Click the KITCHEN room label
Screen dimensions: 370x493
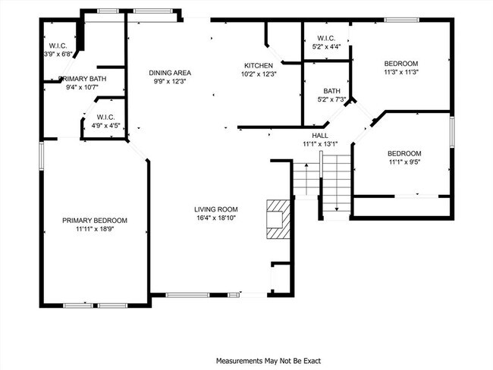[x=259, y=65]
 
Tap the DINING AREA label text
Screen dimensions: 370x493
[x=169, y=73]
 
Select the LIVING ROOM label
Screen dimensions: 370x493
[x=216, y=209]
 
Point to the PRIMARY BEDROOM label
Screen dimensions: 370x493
[x=95, y=221]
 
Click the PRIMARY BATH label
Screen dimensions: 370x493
[x=82, y=79]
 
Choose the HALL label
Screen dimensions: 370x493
[x=319, y=135]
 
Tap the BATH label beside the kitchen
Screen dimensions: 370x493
[x=331, y=90]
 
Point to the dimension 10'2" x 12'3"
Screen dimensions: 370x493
[x=259, y=74]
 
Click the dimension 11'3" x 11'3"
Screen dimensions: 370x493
[x=401, y=72]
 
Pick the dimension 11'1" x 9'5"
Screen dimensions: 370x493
[x=404, y=161]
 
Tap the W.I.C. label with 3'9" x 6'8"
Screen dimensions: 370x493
[x=57, y=54]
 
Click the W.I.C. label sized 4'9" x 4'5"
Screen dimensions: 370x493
[x=105, y=125]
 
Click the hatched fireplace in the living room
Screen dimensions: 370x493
[x=278, y=218]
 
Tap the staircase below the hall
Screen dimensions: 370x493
[x=322, y=182]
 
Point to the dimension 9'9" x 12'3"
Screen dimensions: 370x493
[x=169, y=81]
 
